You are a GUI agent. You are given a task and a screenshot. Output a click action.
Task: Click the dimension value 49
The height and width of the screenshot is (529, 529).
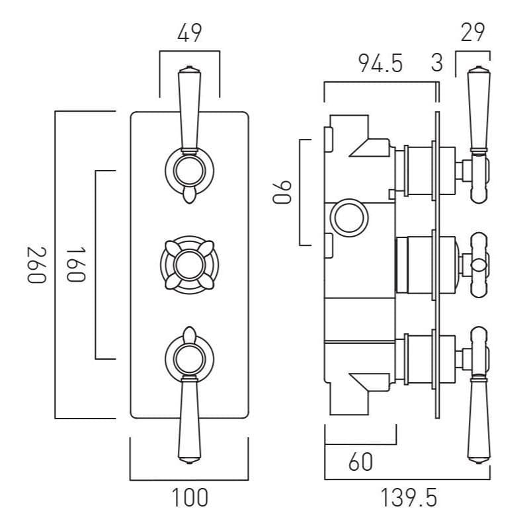coord(189,32)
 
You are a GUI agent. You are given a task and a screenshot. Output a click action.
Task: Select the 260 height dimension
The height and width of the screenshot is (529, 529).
coord(37,264)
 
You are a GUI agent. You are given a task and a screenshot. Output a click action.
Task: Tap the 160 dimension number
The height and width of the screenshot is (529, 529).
coord(77,264)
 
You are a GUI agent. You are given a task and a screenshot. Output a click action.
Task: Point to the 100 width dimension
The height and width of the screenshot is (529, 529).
coord(190,497)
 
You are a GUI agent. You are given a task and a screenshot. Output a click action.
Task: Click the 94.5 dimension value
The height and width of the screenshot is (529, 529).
coord(380,63)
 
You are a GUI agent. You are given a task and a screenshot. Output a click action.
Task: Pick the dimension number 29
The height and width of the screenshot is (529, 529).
coord(473,32)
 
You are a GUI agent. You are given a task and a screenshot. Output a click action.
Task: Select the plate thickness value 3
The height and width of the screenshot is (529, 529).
coord(436,63)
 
